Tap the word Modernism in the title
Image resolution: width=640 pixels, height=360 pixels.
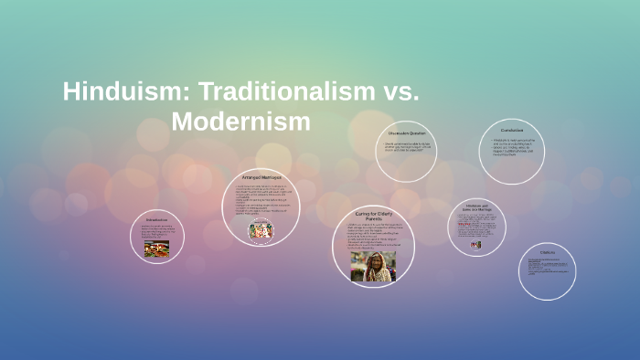[x=241, y=121]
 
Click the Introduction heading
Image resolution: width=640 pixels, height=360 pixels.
[x=156, y=220]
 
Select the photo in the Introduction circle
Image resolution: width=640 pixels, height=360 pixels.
[x=156, y=248]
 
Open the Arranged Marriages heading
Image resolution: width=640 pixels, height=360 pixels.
[x=261, y=177]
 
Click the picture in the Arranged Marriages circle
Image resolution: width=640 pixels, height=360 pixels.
[x=261, y=230]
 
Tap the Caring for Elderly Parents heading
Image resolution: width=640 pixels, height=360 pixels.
[x=373, y=215]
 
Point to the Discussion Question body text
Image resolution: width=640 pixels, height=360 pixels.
[x=406, y=149]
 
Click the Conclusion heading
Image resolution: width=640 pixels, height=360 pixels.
[x=512, y=131]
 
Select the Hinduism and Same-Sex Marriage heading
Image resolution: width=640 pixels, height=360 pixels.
[x=476, y=207]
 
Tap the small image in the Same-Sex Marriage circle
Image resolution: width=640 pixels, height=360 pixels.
[x=475, y=245]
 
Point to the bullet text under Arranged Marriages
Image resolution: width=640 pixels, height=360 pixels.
[x=261, y=200]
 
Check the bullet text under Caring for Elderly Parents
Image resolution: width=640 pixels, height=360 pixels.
[x=372, y=237]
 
